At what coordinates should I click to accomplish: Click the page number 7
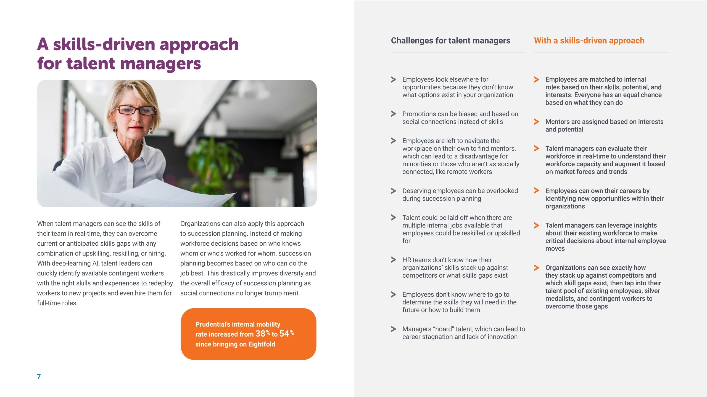tap(39, 376)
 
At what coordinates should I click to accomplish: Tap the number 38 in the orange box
tap(260, 334)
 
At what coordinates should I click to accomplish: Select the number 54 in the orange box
tap(284, 334)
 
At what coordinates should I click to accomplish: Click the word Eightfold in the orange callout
tap(262, 344)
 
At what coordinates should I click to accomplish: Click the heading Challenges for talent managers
tap(450, 41)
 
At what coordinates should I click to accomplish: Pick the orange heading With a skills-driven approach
tap(589, 41)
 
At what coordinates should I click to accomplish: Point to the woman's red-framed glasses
tap(136, 110)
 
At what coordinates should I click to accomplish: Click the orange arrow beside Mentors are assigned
tap(536, 122)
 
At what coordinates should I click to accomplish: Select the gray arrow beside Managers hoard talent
tap(394, 329)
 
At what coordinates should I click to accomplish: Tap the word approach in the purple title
tap(199, 45)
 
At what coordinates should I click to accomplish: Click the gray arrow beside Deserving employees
tap(394, 191)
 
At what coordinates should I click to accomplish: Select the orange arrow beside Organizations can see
tap(536, 268)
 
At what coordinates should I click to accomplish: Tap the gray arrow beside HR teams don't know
tap(394, 260)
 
